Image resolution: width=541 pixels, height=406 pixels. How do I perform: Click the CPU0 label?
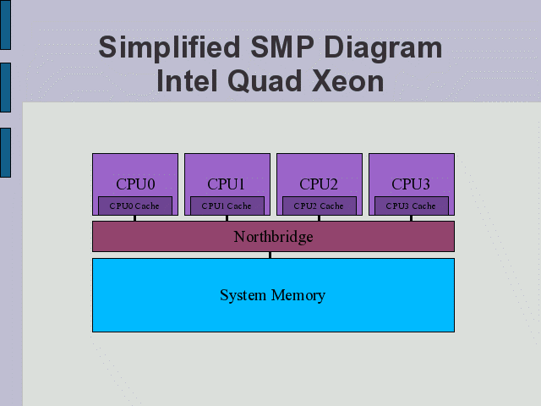pos(134,184)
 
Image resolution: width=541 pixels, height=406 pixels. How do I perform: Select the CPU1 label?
pos(227,184)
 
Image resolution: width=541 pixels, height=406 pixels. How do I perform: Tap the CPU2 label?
pos(319,184)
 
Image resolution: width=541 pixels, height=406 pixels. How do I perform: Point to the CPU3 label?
pos(411,184)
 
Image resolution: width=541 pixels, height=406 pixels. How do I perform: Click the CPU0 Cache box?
pos(134,206)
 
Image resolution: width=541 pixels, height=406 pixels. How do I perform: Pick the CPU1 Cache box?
pos(227,206)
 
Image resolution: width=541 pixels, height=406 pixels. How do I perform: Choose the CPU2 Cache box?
pos(319,206)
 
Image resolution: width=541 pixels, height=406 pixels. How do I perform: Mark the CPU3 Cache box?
pos(411,206)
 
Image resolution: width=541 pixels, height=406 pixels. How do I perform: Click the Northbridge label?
pos(273,237)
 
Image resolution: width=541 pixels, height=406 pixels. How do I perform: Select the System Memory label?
pos(272,295)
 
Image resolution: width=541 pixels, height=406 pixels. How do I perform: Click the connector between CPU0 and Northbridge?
pos(134,218)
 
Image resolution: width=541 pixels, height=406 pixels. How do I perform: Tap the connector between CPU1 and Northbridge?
pos(227,218)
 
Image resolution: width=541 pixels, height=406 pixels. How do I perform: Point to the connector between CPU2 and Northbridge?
pos(319,218)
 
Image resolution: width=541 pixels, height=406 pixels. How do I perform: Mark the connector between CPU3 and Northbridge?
pos(411,218)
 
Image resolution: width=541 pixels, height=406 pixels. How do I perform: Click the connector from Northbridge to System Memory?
pos(270,255)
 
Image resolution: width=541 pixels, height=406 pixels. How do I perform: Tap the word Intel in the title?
pos(186,81)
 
